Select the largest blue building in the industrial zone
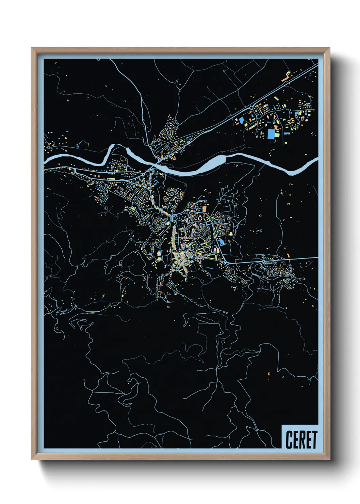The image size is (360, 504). [271, 133]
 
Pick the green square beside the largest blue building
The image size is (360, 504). [277, 134]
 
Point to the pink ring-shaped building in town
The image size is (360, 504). [200, 218]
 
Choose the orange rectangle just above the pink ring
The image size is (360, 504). [205, 208]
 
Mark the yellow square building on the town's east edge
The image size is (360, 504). [230, 234]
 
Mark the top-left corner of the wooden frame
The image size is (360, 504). [32, 48]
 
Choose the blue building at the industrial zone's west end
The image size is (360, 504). [241, 120]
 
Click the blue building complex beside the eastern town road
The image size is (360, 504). [222, 242]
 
